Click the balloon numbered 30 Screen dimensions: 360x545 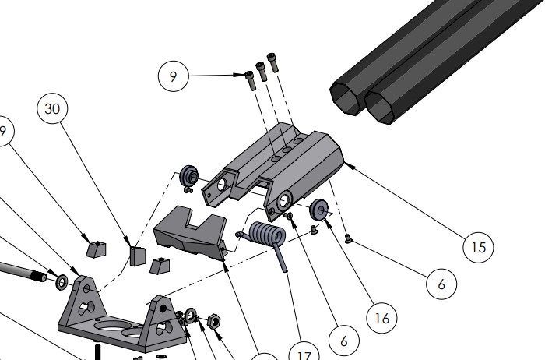pos(53,109)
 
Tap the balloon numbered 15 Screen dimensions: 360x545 pos(479,248)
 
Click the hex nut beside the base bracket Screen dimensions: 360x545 pos(217,321)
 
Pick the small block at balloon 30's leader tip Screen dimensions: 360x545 pos(137,256)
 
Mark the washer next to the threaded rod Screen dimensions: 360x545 pos(60,279)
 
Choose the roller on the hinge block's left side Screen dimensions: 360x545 pos(188,175)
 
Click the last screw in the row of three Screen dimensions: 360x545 pos(272,59)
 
